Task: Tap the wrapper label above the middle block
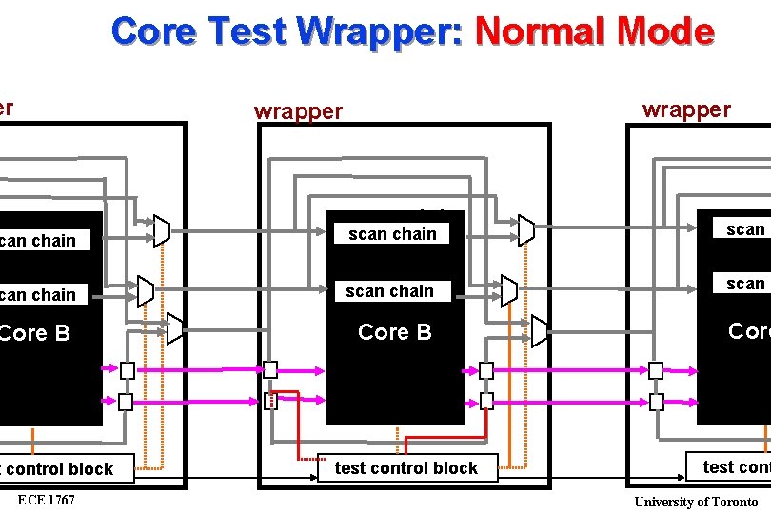coord(298,111)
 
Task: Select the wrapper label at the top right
coord(686,109)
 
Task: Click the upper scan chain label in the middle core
coord(392,234)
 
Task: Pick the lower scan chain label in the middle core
coord(389,291)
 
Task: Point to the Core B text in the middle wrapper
coord(394,332)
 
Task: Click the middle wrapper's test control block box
coord(406,467)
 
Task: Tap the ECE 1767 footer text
coord(47,501)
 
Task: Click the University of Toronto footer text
coord(696,502)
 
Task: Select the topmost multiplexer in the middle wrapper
coord(526,229)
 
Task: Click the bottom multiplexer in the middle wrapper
coord(540,331)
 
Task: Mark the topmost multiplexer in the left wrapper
coord(162,230)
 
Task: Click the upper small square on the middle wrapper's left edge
coord(270,369)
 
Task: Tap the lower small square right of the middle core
coord(486,401)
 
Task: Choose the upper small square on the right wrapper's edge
coord(656,370)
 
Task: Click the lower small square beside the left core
coord(126,402)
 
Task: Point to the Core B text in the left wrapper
coord(35,333)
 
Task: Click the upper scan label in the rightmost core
coord(745,229)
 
